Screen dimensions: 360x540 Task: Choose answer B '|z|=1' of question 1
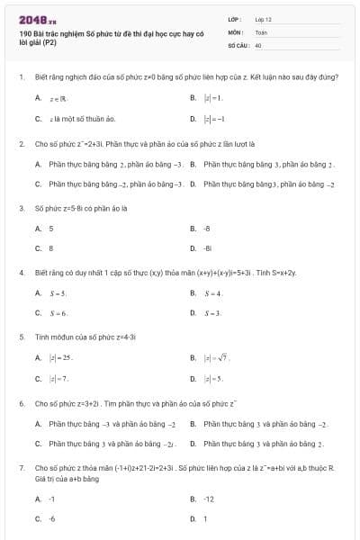point(212,97)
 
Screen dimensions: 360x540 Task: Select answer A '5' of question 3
point(51,229)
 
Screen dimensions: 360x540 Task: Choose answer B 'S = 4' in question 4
point(212,293)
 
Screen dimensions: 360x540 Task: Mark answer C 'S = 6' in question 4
point(58,313)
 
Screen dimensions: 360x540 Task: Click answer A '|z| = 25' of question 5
point(60,358)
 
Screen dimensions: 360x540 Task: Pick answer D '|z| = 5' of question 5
point(212,379)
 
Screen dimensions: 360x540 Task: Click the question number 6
point(21,403)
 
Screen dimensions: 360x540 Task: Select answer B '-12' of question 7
point(209,498)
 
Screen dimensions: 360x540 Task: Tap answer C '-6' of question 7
point(52,518)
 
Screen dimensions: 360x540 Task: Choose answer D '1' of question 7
point(205,518)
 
